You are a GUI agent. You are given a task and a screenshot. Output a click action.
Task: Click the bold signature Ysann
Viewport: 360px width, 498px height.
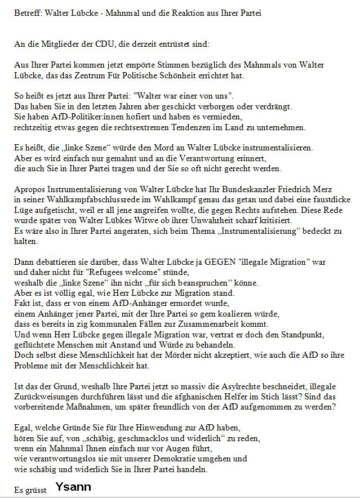(x=73, y=487)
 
